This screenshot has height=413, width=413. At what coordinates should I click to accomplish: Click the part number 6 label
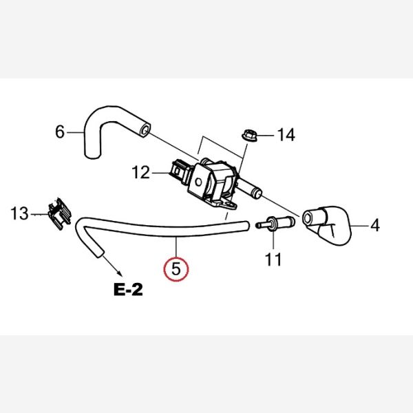[x=60, y=131]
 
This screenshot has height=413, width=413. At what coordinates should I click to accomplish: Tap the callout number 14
[x=286, y=135]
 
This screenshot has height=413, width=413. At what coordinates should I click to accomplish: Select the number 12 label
[x=140, y=172]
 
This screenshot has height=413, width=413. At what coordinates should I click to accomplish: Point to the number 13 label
[x=19, y=213]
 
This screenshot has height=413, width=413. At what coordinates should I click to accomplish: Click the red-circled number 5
[x=176, y=269]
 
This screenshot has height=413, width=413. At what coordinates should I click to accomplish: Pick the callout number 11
[x=273, y=260]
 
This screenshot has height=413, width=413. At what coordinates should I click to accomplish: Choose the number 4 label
[x=375, y=226]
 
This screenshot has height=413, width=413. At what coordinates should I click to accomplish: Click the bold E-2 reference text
[x=128, y=289]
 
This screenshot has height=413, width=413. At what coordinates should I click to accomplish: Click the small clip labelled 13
[x=60, y=214]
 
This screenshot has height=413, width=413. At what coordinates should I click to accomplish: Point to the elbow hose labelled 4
[x=327, y=225]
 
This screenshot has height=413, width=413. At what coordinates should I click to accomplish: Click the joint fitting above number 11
[x=275, y=223]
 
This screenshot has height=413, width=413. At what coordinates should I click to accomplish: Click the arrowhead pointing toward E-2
[x=120, y=274]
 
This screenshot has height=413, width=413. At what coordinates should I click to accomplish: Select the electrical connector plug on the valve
[x=178, y=172]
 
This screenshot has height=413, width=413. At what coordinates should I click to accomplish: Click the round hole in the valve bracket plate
[x=199, y=182]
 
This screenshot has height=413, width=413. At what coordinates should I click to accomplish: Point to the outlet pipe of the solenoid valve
[x=249, y=188]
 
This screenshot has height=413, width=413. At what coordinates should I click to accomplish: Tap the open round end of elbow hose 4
[x=308, y=218]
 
